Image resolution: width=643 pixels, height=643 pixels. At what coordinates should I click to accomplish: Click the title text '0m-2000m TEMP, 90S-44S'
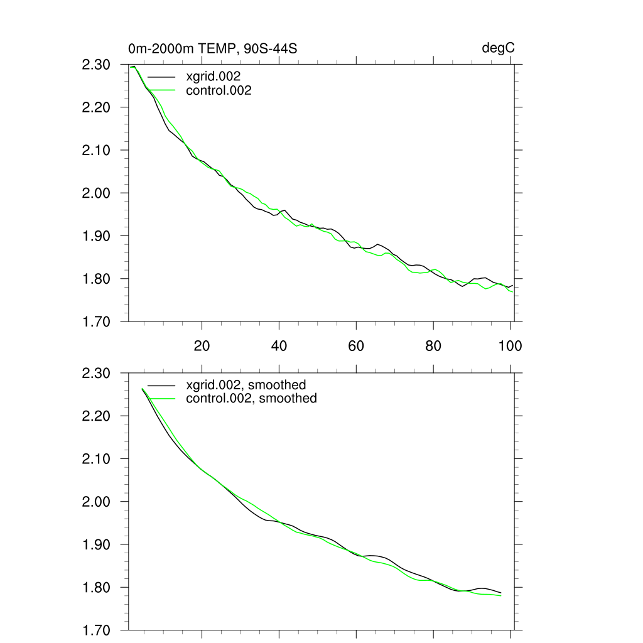click(212, 48)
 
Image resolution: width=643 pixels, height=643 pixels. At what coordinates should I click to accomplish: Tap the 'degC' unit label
click(499, 48)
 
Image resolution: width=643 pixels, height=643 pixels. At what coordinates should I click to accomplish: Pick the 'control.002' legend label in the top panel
click(219, 90)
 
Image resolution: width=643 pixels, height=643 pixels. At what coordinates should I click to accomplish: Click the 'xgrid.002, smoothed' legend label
click(246, 385)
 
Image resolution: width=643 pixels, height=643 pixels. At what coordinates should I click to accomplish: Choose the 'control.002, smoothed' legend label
click(251, 398)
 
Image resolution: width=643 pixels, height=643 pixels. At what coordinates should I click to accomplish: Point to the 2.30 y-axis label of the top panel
click(96, 65)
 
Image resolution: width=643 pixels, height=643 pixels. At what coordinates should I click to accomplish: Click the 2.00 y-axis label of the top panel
click(96, 193)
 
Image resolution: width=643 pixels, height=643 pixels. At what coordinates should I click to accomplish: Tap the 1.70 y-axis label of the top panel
click(96, 321)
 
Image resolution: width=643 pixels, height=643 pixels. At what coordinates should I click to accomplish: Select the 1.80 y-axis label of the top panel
click(96, 279)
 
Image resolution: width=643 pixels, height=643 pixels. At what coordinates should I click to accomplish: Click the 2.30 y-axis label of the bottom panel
click(96, 374)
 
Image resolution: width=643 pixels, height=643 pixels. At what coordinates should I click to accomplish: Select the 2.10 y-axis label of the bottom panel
click(96, 459)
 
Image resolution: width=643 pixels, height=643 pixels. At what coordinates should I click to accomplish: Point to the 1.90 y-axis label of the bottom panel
click(96, 544)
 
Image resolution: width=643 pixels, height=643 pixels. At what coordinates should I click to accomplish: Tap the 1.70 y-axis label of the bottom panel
click(96, 630)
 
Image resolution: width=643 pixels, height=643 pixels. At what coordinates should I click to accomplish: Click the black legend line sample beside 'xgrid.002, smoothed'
click(163, 385)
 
